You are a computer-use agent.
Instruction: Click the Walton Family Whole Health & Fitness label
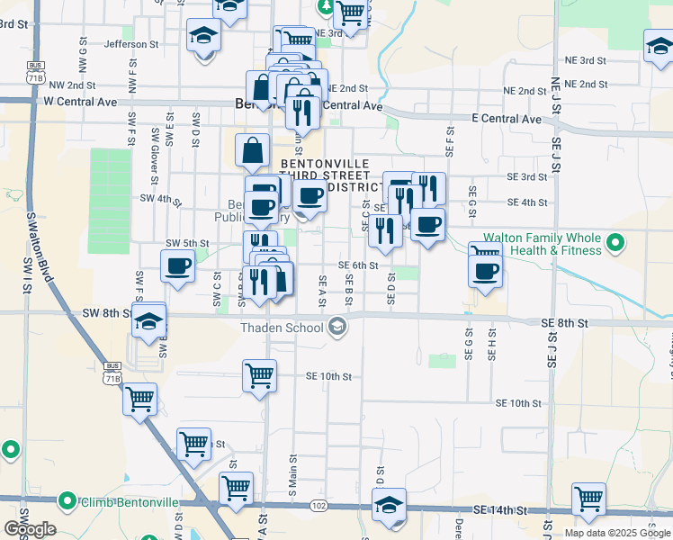[542, 244]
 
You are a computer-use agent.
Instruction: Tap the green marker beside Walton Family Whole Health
[615, 242]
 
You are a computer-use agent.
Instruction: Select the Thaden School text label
[282, 327]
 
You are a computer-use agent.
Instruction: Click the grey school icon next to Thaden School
[338, 326]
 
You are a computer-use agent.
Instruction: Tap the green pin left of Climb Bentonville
[67, 500]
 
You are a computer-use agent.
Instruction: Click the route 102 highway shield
[319, 506]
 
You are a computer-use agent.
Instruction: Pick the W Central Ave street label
[80, 103]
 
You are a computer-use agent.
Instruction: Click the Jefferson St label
[131, 43]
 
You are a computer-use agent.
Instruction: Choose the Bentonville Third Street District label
[325, 175]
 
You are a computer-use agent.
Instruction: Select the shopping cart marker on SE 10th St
[259, 374]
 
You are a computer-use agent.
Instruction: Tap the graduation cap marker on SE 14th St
[389, 504]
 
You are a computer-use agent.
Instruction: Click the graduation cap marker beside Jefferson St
[203, 36]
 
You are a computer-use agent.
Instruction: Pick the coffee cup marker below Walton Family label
[486, 269]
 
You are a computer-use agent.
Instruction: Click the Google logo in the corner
[30, 529]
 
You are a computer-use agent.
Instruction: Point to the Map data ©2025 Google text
[616, 533]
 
